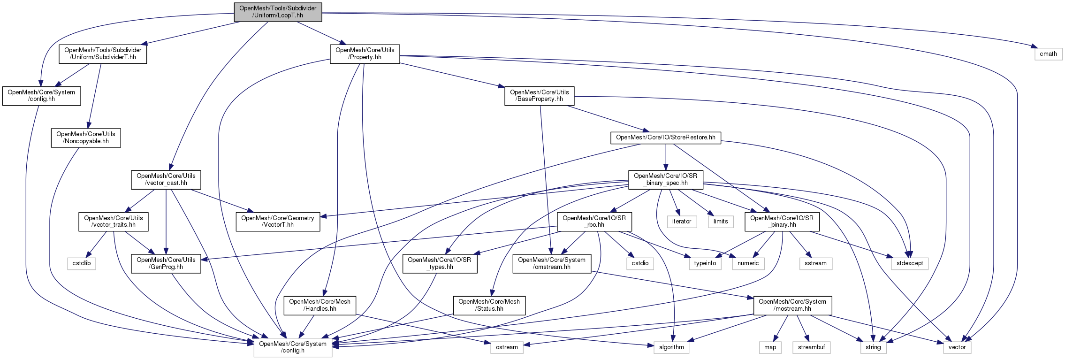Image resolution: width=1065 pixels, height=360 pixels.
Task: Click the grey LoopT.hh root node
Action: click(x=278, y=12)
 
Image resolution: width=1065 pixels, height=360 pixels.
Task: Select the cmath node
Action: click(x=1048, y=54)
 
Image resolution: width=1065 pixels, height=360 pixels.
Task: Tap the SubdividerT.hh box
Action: click(x=103, y=54)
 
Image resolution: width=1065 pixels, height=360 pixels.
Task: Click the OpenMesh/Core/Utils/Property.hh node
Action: click(x=365, y=54)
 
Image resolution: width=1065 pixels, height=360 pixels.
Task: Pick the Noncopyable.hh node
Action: click(x=85, y=138)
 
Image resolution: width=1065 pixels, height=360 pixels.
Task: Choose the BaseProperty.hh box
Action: click(x=539, y=96)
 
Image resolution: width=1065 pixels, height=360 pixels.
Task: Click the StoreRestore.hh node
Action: click(x=665, y=138)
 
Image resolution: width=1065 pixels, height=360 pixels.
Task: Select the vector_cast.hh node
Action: click(x=166, y=179)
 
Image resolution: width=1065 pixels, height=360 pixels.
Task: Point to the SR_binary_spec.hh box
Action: click(x=665, y=179)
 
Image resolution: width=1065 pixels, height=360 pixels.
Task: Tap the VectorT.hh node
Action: click(x=277, y=222)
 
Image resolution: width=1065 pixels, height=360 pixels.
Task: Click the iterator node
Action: click(x=681, y=222)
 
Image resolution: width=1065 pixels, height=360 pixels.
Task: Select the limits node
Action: click(x=720, y=222)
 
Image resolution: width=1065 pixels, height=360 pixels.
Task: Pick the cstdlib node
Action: click(x=81, y=263)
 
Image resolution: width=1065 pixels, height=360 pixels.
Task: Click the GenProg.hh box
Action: click(x=166, y=263)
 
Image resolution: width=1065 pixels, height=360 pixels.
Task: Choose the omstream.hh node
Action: click(x=551, y=263)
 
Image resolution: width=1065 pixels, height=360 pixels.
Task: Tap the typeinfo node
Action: click(x=705, y=263)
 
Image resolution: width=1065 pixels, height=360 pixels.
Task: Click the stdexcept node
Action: click(x=909, y=263)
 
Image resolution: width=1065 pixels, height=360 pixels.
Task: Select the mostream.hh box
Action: click(x=792, y=305)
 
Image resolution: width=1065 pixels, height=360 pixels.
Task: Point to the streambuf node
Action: click(x=811, y=347)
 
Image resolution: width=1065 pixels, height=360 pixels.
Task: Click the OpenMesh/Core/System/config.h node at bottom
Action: click(x=292, y=347)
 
